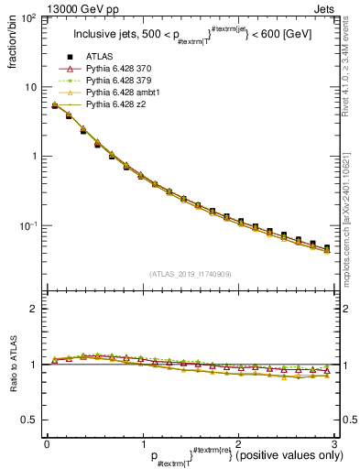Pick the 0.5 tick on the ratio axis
tap(31, 420)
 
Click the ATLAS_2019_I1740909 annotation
tap(189, 273)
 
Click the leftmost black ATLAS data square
tap(55, 106)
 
